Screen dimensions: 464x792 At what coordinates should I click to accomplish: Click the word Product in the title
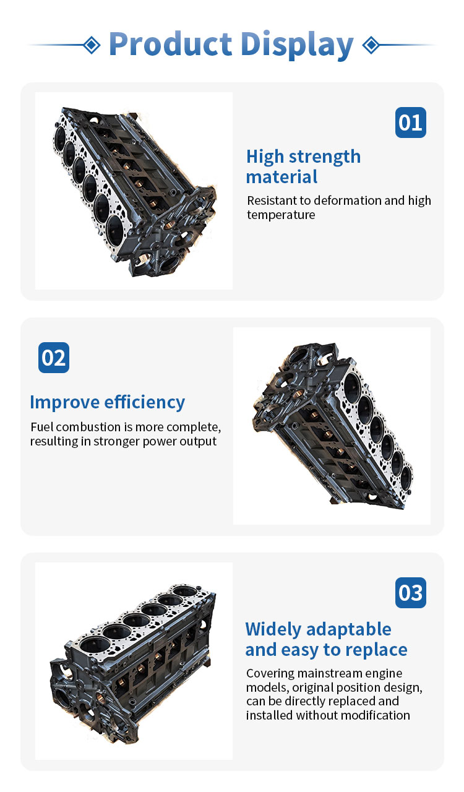pos(170,44)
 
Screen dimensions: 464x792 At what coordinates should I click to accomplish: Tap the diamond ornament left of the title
pos(92,45)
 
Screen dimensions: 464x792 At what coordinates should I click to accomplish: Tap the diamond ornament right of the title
pos(371,45)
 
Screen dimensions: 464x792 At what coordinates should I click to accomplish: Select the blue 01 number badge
pos(411,123)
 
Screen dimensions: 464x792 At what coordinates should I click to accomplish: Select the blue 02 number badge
pos(54,358)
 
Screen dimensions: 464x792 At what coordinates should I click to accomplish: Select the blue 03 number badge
pos(411,593)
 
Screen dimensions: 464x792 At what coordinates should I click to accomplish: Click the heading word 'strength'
pos(325,157)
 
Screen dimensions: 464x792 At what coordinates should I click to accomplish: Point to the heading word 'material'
pos(281,177)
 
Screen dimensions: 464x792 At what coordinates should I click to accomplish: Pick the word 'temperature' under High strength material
pos(281,215)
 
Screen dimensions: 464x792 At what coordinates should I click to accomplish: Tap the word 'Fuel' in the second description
pos(41,427)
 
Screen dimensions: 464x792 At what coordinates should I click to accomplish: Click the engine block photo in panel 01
pos(134,191)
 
